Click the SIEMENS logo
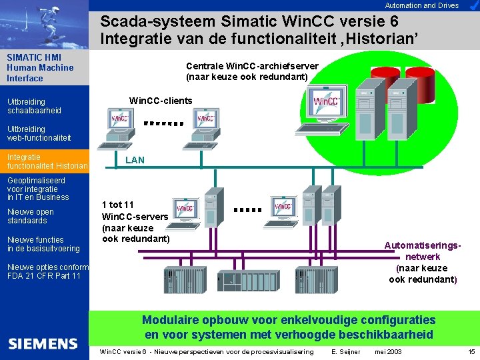pyautogui.click(x=43, y=344)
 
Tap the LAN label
pyautogui.click(x=135, y=160)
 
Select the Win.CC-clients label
pyautogui.click(x=161, y=101)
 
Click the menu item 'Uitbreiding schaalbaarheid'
pyautogui.click(x=34, y=106)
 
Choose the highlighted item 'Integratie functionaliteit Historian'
pyautogui.click(x=47, y=161)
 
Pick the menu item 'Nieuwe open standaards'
pyautogui.click(x=30, y=216)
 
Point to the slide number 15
pyautogui.click(x=471, y=351)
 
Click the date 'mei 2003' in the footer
pyautogui.click(x=388, y=351)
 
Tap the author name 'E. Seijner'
pyautogui.click(x=345, y=351)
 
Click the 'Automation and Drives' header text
pyautogui.click(x=422, y=5)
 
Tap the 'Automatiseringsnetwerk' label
pyautogui.click(x=423, y=251)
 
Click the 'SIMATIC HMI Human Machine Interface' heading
pyautogui.click(x=40, y=67)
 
